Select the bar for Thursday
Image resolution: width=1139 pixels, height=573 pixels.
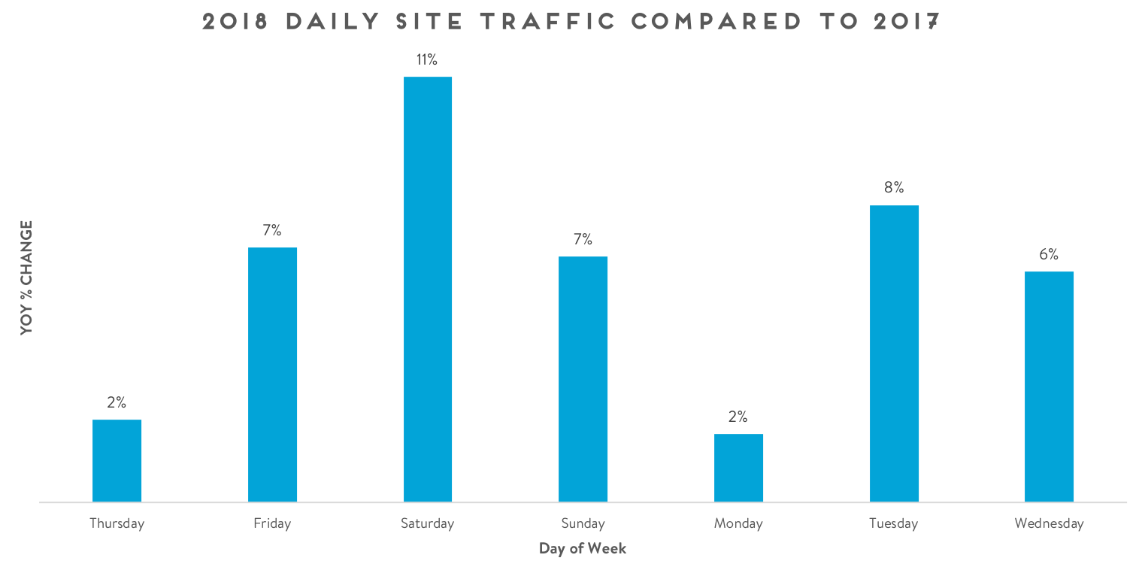(x=117, y=460)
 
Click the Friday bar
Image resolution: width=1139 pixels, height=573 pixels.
(x=272, y=374)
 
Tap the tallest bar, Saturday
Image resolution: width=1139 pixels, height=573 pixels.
(x=428, y=289)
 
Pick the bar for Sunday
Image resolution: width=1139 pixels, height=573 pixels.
(x=583, y=379)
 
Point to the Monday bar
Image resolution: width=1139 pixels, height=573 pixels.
(x=738, y=468)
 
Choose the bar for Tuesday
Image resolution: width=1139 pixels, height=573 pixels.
(x=894, y=353)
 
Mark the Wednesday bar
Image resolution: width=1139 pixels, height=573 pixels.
(x=1049, y=387)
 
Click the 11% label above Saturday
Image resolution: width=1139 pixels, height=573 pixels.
(x=427, y=60)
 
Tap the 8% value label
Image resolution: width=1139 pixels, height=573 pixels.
(x=894, y=188)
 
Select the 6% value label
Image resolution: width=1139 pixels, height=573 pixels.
(x=1049, y=255)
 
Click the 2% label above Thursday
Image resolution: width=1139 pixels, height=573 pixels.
(x=117, y=402)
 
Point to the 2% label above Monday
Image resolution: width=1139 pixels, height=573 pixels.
(x=738, y=417)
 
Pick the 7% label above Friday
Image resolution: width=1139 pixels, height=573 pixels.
(x=272, y=231)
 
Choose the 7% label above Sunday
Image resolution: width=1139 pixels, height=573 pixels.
(x=583, y=240)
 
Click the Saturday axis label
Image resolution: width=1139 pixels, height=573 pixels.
(x=427, y=523)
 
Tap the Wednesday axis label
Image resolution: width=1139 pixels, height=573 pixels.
(x=1049, y=523)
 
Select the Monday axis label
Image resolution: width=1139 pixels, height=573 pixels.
(x=738, y=523)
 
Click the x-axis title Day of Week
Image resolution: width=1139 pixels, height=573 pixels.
(x=583, y=548)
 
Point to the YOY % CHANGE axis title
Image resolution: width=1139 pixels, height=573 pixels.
(x=27, y=277)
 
